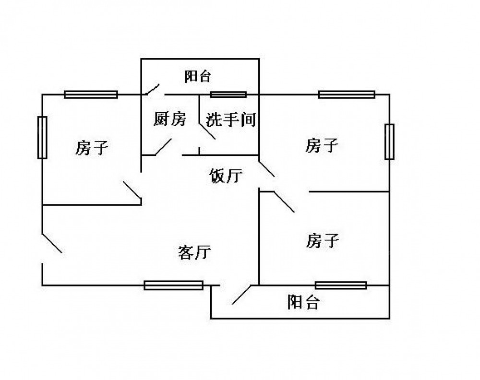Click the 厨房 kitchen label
169,119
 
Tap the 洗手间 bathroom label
230,119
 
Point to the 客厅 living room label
194,252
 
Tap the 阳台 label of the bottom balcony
303,302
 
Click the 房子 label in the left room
91,148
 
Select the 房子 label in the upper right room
322,145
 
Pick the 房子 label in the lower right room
323,240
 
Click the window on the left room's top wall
91,95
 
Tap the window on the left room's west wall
42,137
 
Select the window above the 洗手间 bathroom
228,95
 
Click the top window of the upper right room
347,95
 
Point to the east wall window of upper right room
389,142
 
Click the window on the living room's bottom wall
174,285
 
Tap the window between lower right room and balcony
341,285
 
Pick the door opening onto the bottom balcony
241,295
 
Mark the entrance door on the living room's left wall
51,243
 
